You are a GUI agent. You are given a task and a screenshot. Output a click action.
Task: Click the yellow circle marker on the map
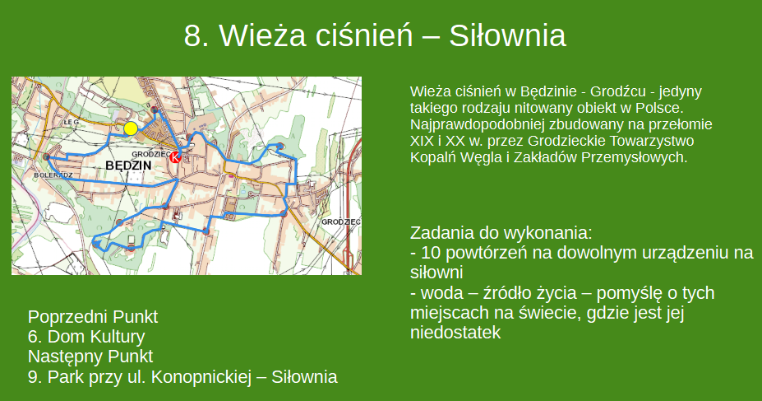tap(130, 128)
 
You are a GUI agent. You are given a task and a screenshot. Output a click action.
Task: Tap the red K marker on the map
tap(175, 157)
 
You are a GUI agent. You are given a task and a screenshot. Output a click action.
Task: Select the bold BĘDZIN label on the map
tap(128, 166)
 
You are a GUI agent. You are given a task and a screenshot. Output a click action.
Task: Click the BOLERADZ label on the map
tap(53, 175)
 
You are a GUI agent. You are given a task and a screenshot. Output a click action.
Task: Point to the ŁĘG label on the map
tap(71, 123)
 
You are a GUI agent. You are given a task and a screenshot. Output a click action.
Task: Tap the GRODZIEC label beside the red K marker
tap(151, 154)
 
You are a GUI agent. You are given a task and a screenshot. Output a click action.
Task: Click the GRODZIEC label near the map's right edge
tap(341, 222)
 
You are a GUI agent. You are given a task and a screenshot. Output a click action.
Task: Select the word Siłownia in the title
tap(507, 35)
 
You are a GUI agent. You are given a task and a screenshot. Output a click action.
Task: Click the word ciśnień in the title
tap(364, 35)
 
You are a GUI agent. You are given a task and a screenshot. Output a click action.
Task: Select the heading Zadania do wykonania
tap(501, 233)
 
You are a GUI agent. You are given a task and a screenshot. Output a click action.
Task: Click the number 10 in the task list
tap(431, 253)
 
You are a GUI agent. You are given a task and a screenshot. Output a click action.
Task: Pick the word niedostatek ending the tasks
tap(455, 333)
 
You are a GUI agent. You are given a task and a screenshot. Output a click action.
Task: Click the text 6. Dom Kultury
tap(86, 336)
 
